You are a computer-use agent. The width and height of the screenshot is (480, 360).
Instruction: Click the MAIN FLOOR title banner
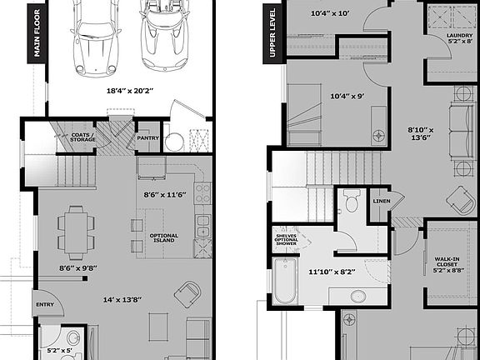(37, 32)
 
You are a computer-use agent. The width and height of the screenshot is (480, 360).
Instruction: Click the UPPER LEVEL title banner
(272, 32)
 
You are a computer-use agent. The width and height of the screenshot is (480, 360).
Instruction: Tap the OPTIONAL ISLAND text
(163, 238)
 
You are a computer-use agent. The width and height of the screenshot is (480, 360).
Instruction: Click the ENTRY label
(43, 306)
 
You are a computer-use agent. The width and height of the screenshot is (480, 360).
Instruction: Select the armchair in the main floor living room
(188, 293)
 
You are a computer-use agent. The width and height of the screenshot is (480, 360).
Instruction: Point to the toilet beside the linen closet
(351, 201)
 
